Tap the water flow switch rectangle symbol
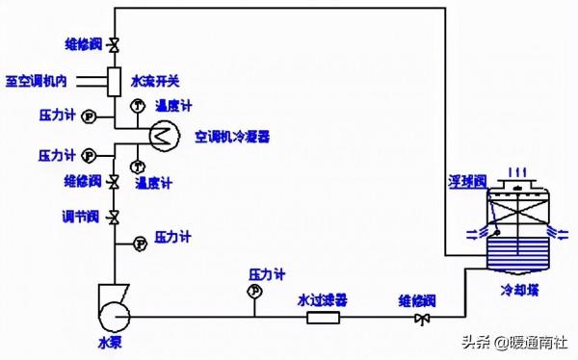coord(114,78)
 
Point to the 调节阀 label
coord(74,216)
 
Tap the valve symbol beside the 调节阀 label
coord(114,216)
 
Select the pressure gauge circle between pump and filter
coord(255,290)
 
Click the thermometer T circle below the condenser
coord(138,167)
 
